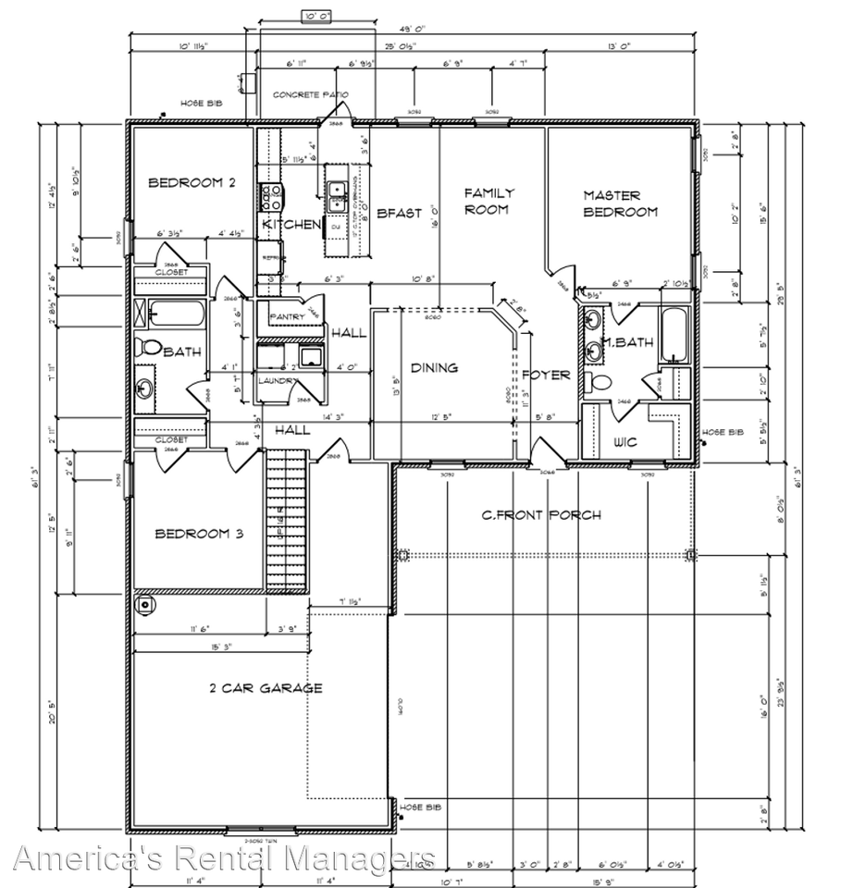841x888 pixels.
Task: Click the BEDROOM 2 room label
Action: [x=192, y=183]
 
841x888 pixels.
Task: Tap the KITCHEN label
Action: [x=291, y=225]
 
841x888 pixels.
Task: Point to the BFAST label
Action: [x=399, y=213]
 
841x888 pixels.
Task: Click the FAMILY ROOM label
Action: [x=489, y=201]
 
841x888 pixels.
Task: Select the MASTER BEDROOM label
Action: [x=620, y=203]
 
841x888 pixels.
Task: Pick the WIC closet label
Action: [x=625, y=442]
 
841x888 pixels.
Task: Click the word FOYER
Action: [x=546, y=375]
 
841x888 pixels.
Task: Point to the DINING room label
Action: [x=434, y=367]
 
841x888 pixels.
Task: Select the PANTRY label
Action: [x=287, y=317]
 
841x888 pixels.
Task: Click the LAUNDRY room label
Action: [x=278, y=380]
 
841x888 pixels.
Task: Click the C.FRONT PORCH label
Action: [x=541, y=515]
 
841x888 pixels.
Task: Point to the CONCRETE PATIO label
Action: [x=308, y=95]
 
